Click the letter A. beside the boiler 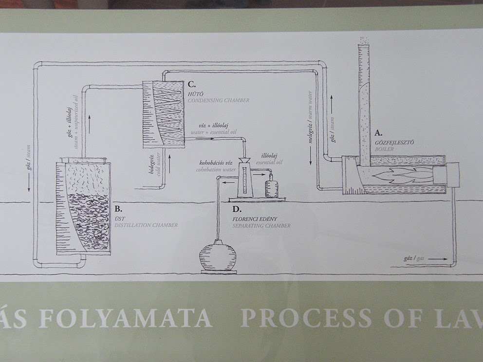click(378, 132)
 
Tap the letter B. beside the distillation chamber click(117, 209)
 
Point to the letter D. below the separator click(237, 209)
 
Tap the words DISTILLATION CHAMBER click(146, 225)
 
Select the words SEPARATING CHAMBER click(261, 226)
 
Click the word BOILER click(384, 149)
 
